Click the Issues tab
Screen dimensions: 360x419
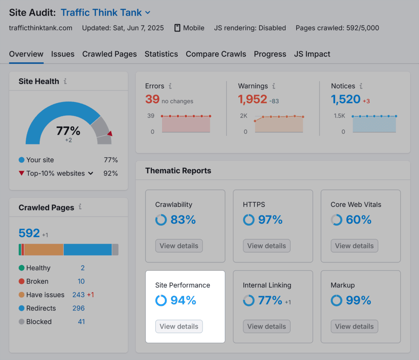[63, 54]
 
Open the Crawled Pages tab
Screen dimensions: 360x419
[109, 54]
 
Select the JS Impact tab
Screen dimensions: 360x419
[312, 54]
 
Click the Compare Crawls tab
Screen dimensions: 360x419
[216, 54]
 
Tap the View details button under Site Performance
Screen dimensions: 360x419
[179, 326]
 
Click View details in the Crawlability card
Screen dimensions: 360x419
[179, 246]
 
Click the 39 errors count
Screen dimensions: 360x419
[152, 99]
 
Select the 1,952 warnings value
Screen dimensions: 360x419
[252, 99]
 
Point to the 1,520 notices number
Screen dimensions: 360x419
[345, 99]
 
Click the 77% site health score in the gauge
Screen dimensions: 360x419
[68, 131]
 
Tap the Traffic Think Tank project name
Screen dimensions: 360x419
[101, 13]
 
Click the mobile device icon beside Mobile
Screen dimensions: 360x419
[177, 28]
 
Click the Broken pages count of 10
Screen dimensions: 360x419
[81, 281]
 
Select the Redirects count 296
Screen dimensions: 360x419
[78, 308]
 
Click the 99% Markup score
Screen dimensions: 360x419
[358, 301]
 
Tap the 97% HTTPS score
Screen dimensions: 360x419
[270, 220]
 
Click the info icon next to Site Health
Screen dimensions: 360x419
[65, 82]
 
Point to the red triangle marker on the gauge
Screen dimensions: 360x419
[109, 134]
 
